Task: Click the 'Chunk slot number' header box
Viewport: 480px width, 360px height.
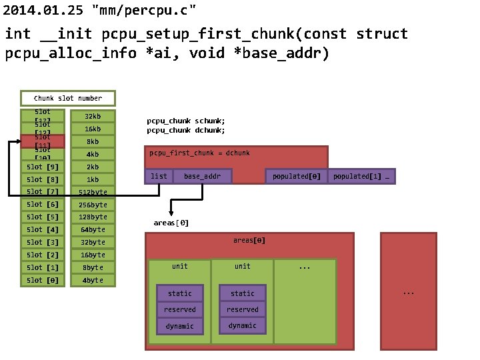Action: pyautogui.click(x=67, y=98)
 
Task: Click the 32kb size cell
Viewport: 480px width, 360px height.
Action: pyautogui.click(x=93, y=116)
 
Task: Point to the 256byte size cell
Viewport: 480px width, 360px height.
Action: pyautogui.click(x=93, y=205)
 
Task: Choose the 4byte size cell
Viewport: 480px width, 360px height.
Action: pyautogui.click(x=93, y=280)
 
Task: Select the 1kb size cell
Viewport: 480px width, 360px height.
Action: pyautogui.click(x=93, y=179)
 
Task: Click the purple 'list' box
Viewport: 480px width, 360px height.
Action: pyautogui.click(x=159, y=176)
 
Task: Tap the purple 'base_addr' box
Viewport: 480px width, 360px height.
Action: pyautogui.click(x=202, y=176)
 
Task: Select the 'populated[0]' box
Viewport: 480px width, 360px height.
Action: pyautogui.click(x=296, y=176)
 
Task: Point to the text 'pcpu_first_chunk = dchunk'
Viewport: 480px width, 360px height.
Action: pyautogui.click(x=199, y=153)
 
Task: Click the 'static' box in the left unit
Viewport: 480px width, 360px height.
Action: pyautogui.click(x=180, y=293)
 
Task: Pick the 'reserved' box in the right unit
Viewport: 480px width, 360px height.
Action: pyautogui.click(x=243, y=309)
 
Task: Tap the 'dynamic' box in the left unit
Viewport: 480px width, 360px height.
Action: pyautogui.click(x=180, y=325)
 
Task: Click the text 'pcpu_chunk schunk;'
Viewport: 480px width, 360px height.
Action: pyautogui.click(x=186, y=121)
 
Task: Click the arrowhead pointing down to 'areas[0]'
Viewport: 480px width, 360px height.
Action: pyautogui.click(x=171, y=211)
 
